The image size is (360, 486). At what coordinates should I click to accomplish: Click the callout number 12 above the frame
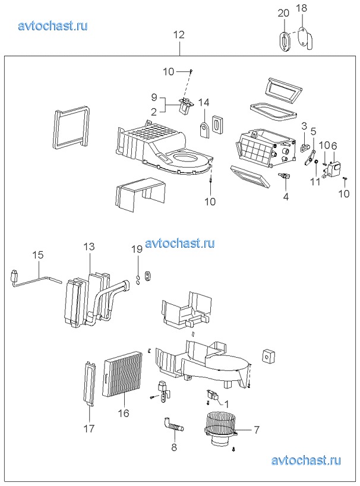[179, 34]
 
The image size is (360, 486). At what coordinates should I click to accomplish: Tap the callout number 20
[283, 13]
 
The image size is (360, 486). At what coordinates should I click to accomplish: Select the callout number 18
[301, 8]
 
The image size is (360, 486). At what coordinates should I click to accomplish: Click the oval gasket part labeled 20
[285, 41]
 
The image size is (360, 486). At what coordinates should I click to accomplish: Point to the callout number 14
[204, 102]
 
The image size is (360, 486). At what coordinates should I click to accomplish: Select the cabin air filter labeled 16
[122, 375]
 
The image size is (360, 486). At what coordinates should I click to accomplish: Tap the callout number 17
[89, 429]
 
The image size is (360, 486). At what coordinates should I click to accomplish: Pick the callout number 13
[89, 247]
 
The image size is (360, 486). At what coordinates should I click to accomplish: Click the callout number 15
[38, 255]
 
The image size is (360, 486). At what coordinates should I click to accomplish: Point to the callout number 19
[137, 249]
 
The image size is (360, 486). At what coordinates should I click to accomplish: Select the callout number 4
[286, 197]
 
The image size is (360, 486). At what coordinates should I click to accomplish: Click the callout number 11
[315, 182]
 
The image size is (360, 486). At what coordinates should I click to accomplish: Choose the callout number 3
[304, 126]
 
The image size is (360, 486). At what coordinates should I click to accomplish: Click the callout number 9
[154, 97]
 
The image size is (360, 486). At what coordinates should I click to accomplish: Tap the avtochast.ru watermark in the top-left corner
[53, 26]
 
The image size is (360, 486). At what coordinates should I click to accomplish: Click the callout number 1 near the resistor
[226, 404]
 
